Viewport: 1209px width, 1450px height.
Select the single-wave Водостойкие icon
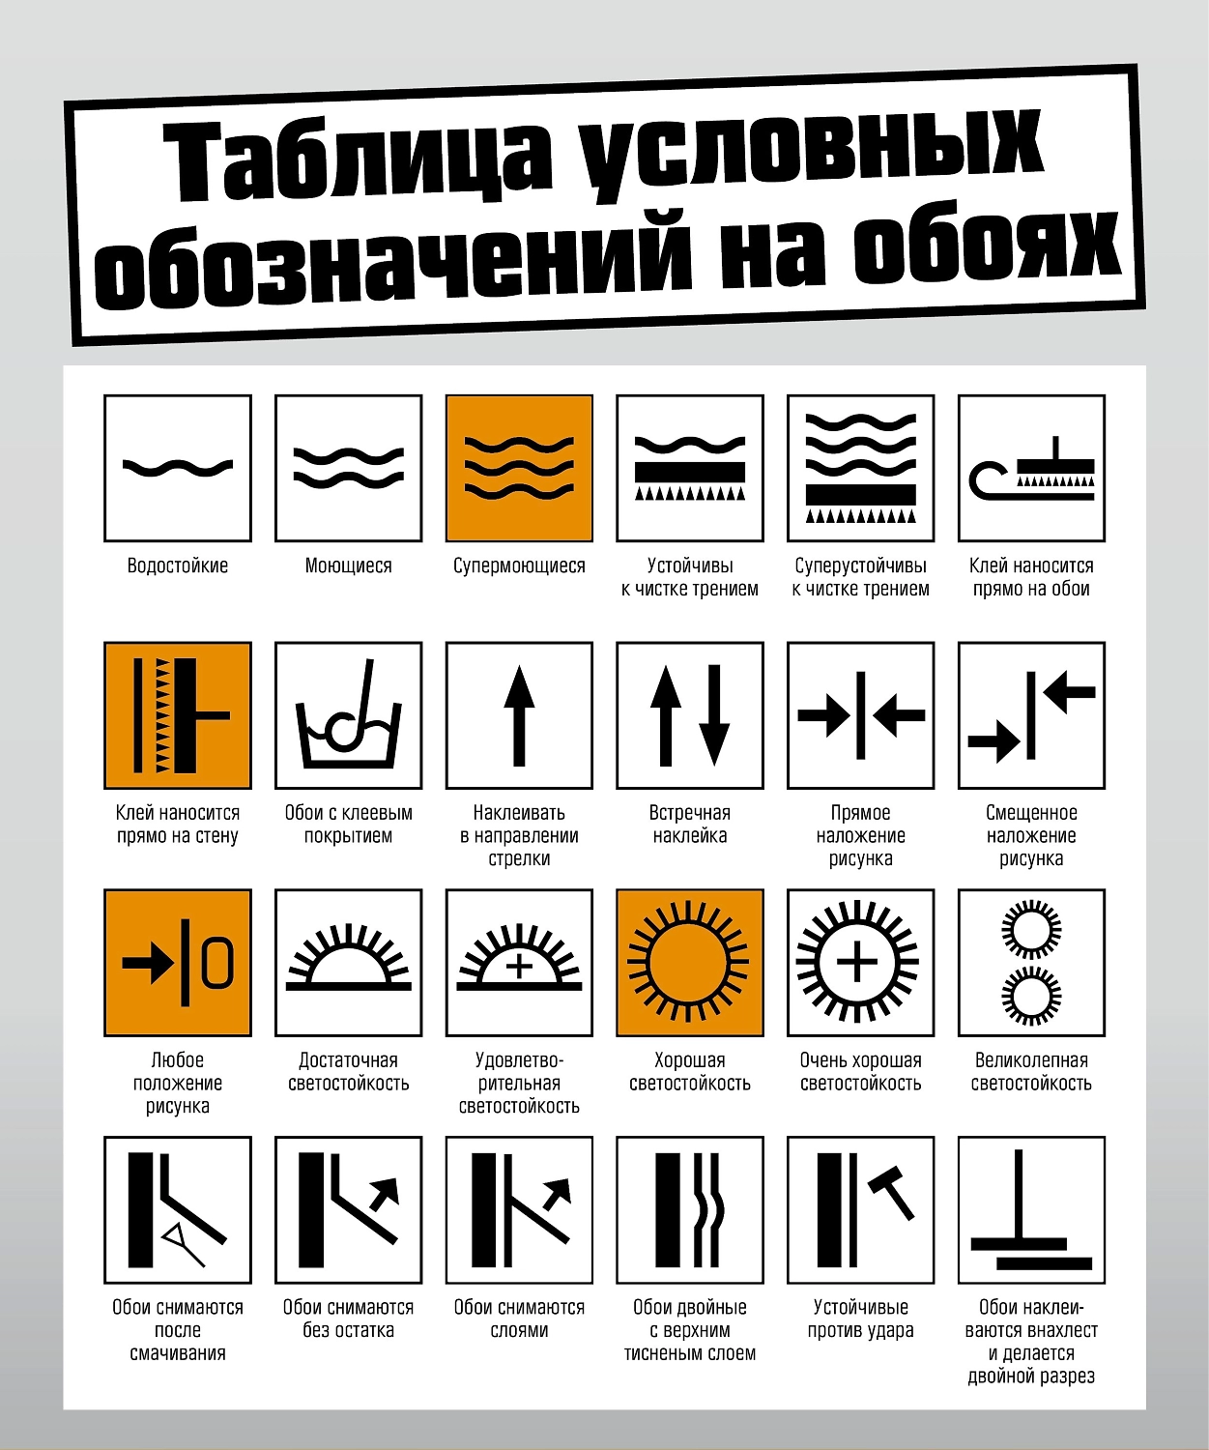pyautogui.click(x=178, y=468)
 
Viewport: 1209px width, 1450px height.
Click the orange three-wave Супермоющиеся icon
pyautogui.click(x=519, y=468)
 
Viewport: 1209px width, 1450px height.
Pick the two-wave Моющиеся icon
pyautogui.click(x=349, y=468)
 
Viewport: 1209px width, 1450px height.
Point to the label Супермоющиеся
pyautogui.click(x=519, y=565)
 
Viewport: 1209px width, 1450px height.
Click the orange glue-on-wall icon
pyautogui.click(x=178, y=715)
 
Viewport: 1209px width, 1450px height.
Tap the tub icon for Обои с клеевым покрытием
pyautogui.click(x=349, y=715)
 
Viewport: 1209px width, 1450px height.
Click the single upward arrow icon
pyautogui.click(x=519, y=715)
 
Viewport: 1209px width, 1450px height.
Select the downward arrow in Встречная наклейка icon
pyautogui.click(x=714, y=715)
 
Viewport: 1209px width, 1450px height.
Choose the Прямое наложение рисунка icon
pyautogui.click(x=861, y=715)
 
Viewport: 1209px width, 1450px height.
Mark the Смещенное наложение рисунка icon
pyautogui.click(x=1032, y=715)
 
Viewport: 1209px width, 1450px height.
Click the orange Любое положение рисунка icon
pyautogui.click(x=178, y=963)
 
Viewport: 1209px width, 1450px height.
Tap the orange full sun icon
pyautogui.click(x=690, y=963)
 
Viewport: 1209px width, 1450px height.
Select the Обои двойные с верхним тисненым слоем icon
pyautogui.click(x=690, y=1209)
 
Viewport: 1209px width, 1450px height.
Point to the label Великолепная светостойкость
pyautogui.click(x=1032, y=1071)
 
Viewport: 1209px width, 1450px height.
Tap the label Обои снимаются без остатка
pyautogui.click(x=349, y=1319)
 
